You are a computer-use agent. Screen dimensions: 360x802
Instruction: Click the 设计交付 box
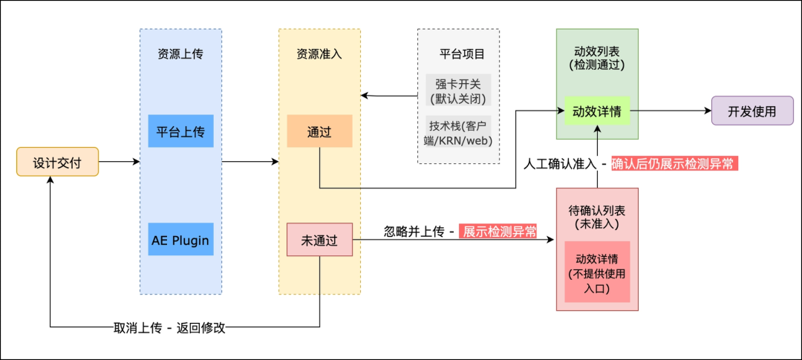click(x=57, y=161)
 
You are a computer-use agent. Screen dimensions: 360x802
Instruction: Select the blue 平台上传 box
click(x=180, y=131)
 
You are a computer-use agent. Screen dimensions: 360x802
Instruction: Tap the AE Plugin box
click(x=180, y=240)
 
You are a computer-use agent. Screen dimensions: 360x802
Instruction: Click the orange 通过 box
click(x=319, y=131)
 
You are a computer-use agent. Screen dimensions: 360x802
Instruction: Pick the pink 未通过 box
click(x=319, y=240)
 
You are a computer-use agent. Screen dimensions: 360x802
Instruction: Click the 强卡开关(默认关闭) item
click(x=458, y=90)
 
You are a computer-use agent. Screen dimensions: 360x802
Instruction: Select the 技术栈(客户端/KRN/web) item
click(x=458, y=132)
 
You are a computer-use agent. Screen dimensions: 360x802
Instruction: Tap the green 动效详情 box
click(x=597, y=111)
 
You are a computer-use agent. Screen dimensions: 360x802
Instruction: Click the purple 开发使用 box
click(x=752, y=111)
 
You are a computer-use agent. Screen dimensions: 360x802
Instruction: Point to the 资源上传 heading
click(x=180, y=54)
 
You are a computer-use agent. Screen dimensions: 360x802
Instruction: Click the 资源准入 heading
click(x=319, y=54)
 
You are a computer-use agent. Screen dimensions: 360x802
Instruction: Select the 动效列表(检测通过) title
click(x=597, y=58)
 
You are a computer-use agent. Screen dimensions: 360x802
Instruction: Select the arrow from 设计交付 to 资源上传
click(x=119, y=161)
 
